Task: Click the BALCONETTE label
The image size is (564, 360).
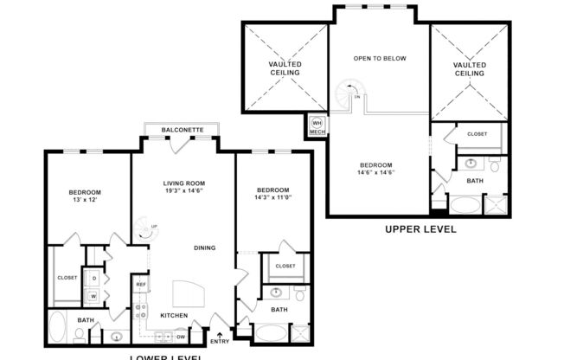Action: point(183,130)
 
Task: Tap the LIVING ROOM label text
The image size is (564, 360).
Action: point(183,183)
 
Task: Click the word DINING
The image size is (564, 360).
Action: point(204,248)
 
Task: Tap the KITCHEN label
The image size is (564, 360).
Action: point(174,316)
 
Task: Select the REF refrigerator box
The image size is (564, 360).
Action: point(141,284)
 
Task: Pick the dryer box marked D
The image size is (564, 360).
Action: point(93,279)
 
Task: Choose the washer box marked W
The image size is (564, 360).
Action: point(93,297)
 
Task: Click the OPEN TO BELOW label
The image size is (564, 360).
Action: point(379,59)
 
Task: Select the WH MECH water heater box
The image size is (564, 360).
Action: point(317,126)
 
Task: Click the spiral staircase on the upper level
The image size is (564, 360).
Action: point(349,94)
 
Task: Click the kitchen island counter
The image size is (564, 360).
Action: point(189,292)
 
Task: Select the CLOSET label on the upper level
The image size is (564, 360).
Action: point(477,134)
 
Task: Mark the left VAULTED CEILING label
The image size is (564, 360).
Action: point(285,69)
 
